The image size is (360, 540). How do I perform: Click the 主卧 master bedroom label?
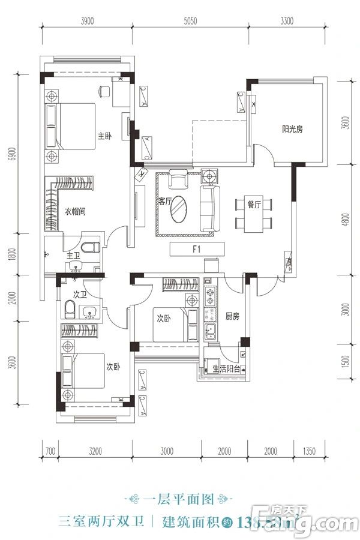[105, 136]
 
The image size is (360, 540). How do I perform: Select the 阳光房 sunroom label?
[292, 128]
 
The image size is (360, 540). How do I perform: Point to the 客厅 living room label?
[166, 202]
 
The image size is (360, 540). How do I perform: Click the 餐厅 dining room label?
[254, 205]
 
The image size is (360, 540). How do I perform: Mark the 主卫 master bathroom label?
[74, 256]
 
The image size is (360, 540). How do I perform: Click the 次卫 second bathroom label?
[81, 295]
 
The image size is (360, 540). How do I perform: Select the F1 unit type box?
[197, 248]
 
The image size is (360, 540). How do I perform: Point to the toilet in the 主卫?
[90, 248]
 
